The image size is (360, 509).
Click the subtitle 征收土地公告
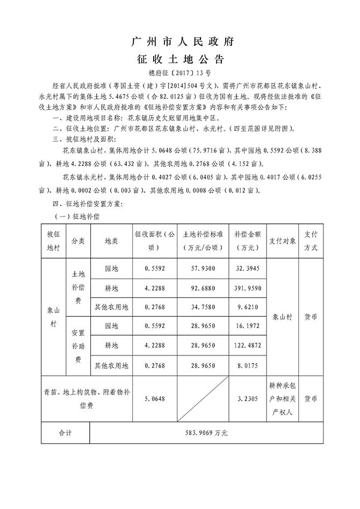(179, 59)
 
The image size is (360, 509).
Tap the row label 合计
(65, 433)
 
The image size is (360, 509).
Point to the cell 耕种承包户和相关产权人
(283, 399)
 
